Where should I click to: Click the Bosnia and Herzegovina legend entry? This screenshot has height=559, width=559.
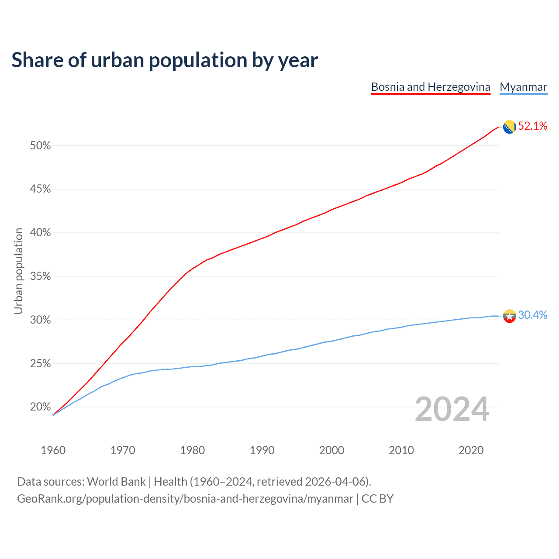pos(431,87)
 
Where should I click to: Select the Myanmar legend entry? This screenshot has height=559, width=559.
pos(523,87)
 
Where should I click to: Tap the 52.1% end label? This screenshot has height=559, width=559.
pos(532,126)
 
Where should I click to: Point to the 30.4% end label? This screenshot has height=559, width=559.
pos(532,315)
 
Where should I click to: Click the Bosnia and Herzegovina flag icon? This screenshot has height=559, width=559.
pos(509,127)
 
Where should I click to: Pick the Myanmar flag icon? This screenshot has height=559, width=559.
pos(509,316)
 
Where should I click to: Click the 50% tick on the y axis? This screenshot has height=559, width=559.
pos(40,145)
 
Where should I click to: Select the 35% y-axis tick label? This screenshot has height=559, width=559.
pos(40,276)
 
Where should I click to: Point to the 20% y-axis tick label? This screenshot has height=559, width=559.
pos(40,407)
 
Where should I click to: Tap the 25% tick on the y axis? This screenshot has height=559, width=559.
pos(40,363)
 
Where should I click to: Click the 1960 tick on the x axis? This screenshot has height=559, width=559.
pos(53,450)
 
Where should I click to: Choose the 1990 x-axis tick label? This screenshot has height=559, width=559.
pos(262,450)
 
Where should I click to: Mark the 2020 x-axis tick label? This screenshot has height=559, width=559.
pos(471,450)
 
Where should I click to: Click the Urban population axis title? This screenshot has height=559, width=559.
pos(18,271)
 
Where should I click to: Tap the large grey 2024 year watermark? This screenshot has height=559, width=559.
pos(452,410)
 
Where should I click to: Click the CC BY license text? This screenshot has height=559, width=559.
pos(377,499)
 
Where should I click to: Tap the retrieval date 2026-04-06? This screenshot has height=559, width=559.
pos(335,482)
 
